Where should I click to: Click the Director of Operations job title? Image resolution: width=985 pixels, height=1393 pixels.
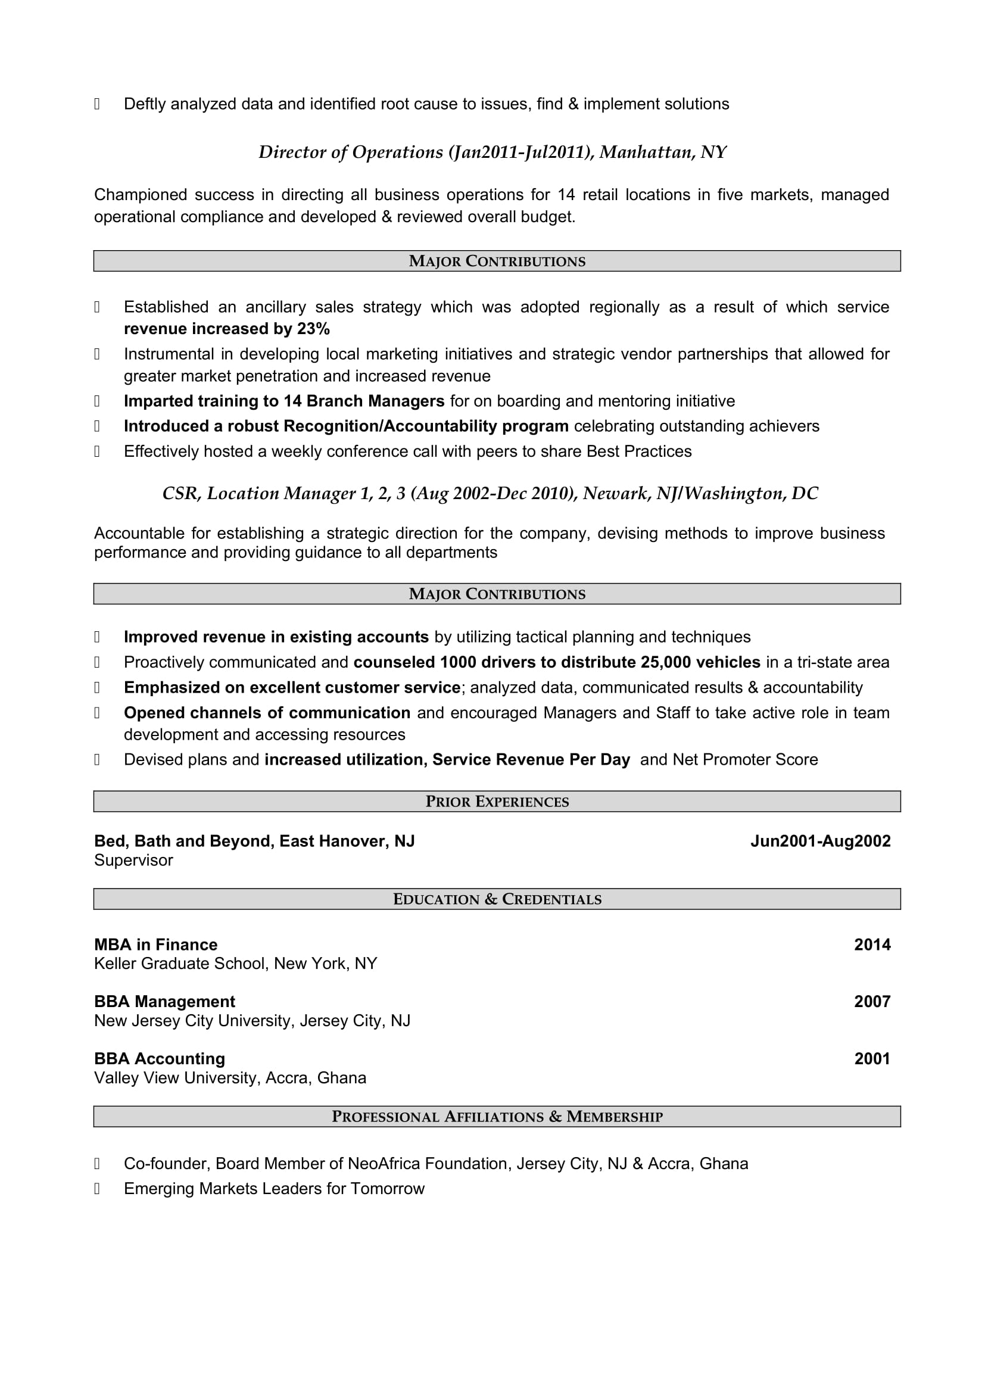point(492,152)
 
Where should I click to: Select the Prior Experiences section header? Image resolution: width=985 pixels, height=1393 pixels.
point(497,802)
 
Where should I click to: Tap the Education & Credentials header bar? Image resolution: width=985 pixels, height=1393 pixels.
point(497,899)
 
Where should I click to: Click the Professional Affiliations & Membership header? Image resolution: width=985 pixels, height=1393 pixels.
point(497,1116)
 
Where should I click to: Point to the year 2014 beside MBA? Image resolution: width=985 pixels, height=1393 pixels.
point(872,945)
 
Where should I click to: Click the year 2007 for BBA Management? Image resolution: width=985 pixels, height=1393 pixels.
point(872,1002)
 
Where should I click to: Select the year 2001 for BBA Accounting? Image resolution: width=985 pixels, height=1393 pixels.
point(872,1059)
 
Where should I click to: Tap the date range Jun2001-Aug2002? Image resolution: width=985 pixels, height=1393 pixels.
point(820,841)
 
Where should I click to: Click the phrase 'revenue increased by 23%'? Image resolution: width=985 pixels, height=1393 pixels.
point(227,329)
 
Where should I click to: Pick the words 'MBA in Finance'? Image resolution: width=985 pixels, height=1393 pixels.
point(156,945)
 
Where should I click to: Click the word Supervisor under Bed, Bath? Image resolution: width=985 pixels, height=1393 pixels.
point(133,861)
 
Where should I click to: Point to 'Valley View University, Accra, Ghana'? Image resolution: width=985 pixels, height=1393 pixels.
point(230,1078)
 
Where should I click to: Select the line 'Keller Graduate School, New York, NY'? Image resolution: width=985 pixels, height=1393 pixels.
point(235,964)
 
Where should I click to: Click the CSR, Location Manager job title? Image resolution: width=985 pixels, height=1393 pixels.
point(490,494)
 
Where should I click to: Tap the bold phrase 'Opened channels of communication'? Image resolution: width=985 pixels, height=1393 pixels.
point(267,713)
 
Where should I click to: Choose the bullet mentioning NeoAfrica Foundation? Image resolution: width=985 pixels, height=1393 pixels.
point(435,1164)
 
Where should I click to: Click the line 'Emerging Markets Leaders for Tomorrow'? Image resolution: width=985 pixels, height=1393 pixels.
point(274,1189)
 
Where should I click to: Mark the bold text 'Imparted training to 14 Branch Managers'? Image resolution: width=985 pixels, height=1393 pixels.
point(284,401)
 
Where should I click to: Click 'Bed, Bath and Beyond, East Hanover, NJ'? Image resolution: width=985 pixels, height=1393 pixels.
point(254,841)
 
